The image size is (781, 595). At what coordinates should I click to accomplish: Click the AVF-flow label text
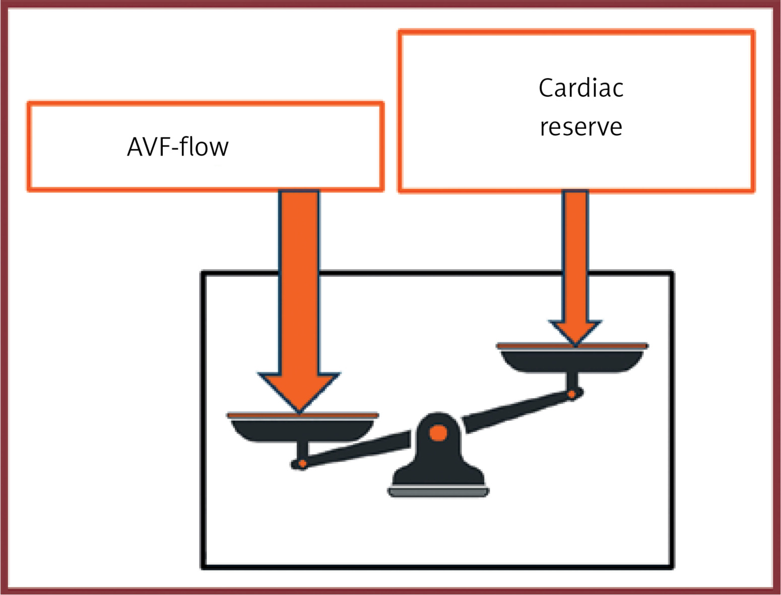[x=177, y=147]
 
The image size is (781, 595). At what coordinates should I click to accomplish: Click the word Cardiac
[x=580, y=88]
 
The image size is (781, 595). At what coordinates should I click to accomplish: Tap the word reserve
[x=580, y=127]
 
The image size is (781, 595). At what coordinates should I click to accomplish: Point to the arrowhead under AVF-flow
[x=299, y=390]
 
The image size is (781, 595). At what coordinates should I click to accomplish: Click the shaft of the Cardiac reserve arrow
[x=575, y=252]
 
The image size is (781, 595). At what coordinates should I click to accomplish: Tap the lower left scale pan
[x=301, y=429]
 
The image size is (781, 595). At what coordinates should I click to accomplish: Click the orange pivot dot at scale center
[x=438, y=432]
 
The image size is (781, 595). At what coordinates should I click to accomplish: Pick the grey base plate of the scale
[x=438, y=492]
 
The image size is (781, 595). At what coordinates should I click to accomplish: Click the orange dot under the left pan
[x=302, y=463]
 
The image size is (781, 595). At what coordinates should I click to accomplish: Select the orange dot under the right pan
[x=572, y=394]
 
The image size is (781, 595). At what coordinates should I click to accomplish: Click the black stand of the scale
[x=438, y=463]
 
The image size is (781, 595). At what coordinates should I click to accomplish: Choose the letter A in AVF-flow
[x=135, y=147]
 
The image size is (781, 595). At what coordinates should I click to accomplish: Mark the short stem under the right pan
[x=572, y=381]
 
